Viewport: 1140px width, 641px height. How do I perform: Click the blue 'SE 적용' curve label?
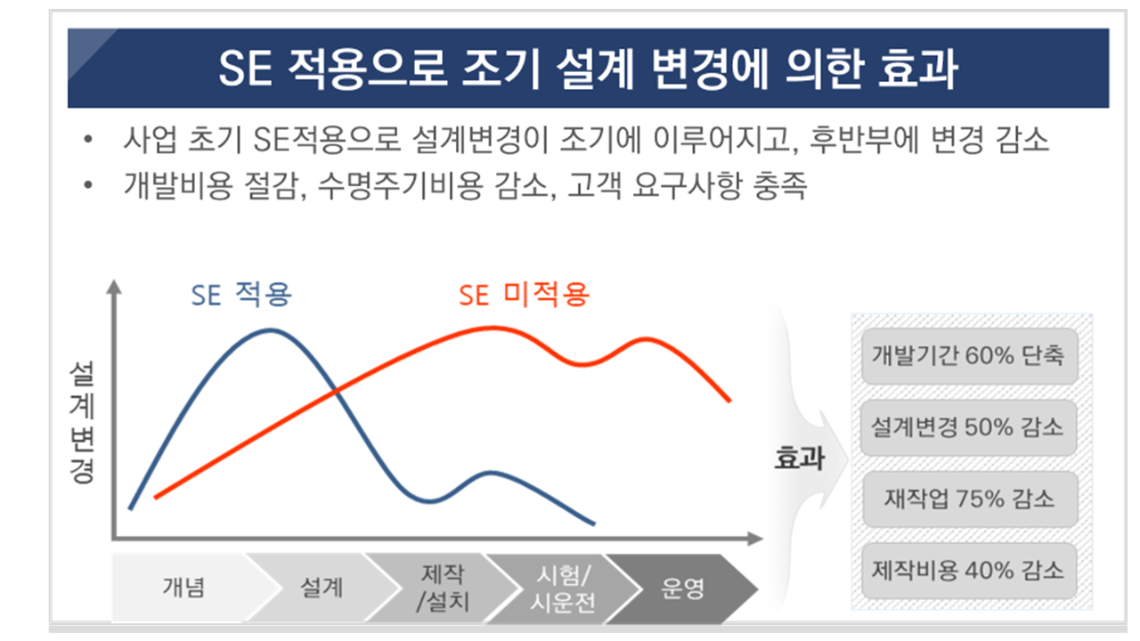pyautogui.click(x=241, y=295)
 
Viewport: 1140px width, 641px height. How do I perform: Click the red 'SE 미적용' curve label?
pyautogui.click(x=524, y=295)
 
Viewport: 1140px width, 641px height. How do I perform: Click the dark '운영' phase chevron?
pyautogui.click(x=682, y=588)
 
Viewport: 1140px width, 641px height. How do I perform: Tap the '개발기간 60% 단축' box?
pyautogui.click(x=970, y=355)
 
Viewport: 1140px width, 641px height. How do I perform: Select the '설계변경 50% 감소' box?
pyautogui.click(x=968, y=427)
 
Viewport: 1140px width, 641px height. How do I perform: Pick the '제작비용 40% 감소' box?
pyautogui.click(x=969, y=571)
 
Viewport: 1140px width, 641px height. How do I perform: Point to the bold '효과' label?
pyautogui.click(x=799, y=458)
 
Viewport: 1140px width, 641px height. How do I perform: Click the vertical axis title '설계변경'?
pyautogui.click(x=82, y=422)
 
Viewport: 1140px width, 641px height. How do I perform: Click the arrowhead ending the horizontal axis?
pyautogui.click(x=755, y=539)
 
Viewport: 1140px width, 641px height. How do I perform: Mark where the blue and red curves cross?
pyautogui.click(x=336, y=391)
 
